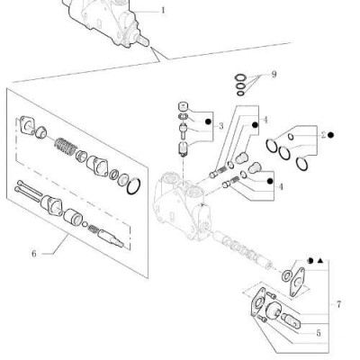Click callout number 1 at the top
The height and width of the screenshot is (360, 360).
163,11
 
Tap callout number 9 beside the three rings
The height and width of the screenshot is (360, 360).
274,74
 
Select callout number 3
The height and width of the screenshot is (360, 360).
221,126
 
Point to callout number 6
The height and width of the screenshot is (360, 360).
34,254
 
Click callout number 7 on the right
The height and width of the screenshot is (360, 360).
338,304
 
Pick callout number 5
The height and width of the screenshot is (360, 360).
319,333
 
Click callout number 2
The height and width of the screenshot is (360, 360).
323,135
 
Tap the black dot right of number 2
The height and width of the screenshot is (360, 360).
330,135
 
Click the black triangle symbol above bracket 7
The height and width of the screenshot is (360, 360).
319,261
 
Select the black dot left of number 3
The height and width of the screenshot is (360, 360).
208,121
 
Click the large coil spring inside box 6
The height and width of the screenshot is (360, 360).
66,147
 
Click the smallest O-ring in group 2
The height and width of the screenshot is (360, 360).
291,137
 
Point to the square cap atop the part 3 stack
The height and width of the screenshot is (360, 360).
184,106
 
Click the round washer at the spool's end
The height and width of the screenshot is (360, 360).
287,274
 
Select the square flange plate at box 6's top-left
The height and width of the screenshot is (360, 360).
26,125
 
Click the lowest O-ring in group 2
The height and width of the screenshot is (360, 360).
301,164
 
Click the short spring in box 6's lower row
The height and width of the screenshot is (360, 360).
94,229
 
